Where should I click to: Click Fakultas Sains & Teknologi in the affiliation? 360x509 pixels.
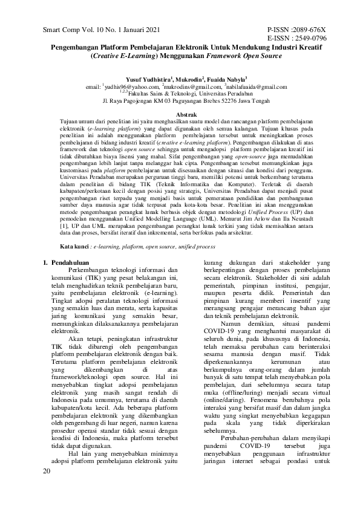click(x=161, y=94)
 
